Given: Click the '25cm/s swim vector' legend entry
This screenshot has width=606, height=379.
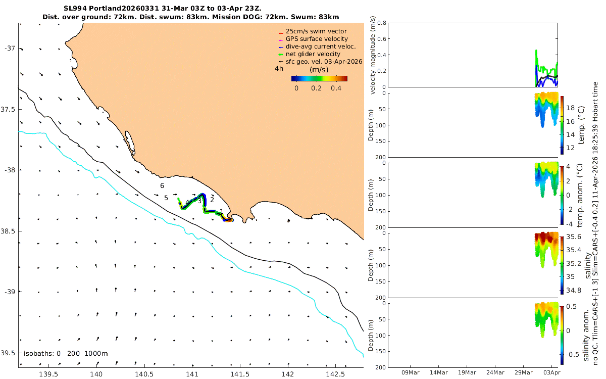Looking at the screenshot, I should click(x=316, y=31).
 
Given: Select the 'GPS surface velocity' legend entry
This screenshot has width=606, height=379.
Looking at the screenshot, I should click(x=317, y=39).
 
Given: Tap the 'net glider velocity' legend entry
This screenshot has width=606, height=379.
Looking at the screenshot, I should click(x=313, y=54).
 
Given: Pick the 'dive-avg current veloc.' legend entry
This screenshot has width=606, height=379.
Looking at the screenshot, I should click(x=321, y=46).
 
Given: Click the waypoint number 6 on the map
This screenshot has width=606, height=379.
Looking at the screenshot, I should click(x=162, y=186).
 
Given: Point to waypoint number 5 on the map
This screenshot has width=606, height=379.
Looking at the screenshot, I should click(x=166, y=198).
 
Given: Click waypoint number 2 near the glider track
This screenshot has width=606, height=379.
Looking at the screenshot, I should click(x=212, y=200).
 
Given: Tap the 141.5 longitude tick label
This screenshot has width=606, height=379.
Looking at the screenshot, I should click(x=240, y=374).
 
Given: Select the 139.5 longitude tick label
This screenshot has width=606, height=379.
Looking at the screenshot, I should click(x=48, y=374).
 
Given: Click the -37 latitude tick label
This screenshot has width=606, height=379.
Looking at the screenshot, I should click(x=10, y=49).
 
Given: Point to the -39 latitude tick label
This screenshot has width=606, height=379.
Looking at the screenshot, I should click(x=10, y=292).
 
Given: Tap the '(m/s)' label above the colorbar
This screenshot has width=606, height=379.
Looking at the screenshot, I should click(x=319, y=70).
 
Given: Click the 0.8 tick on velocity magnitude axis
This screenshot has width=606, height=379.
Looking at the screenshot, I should click(x=382, y=23).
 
